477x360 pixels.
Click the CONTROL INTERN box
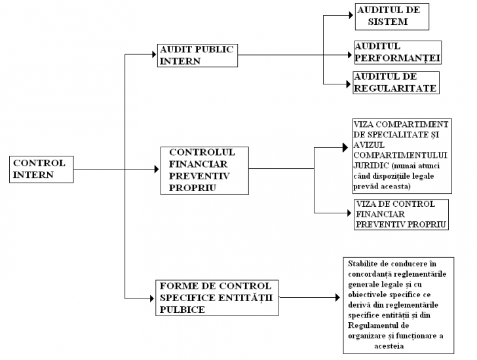(x=41, y=170)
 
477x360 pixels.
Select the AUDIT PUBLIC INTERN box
(x=197, y=55)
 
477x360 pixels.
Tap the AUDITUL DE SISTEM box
(x=392, y=17)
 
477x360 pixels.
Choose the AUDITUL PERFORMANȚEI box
(x=398, y=52)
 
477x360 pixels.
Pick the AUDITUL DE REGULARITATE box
(x=396, y=82)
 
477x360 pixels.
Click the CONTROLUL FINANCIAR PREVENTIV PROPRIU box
(x=204, y=171)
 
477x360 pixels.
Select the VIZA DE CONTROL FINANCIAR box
(x=401, y=215)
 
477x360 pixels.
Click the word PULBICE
(x=182, y=310)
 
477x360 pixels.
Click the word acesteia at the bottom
(x=389, y=346)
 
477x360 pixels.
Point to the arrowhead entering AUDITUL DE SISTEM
(x=351, y=15)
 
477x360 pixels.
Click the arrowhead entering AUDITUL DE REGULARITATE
(x=349, y=84)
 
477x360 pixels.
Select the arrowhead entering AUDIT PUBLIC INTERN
(x=154, y=54)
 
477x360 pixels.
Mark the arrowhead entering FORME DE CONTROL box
(x=152, y=298)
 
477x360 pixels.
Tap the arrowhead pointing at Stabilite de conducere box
(x=337, y=297)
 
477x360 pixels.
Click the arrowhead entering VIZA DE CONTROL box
(x=349, y=213)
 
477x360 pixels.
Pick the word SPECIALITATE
(x=397, y=135)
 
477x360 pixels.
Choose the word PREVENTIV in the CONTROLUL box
(x=199, y=176)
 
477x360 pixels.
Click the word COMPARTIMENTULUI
(x=400, y=155)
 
